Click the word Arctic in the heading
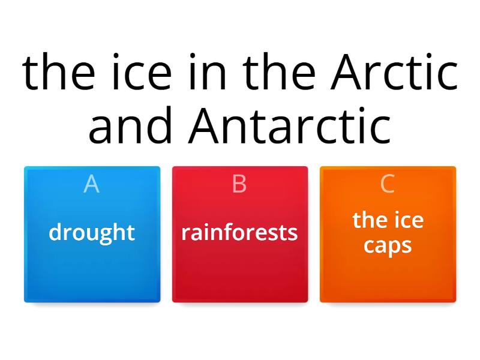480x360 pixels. [394, 72]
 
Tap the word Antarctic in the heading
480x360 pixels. [289, 125]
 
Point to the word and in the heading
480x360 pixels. [130, 125]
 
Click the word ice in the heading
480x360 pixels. [142, 72]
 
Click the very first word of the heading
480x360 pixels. [58, 72]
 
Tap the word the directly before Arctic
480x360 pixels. [279, 72]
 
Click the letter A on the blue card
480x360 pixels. [92, 184]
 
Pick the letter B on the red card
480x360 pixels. [239, 184]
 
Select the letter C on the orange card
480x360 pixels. [387, 184]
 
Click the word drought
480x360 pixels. [92, 233]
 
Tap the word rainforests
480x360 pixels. [239, 233]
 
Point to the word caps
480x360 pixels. [388, 245]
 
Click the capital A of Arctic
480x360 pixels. [346, 73]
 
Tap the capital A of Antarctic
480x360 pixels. [203, 126]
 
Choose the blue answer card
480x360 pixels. [92, 234]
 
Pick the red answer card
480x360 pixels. [240, 234]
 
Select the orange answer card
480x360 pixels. [388, 234]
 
